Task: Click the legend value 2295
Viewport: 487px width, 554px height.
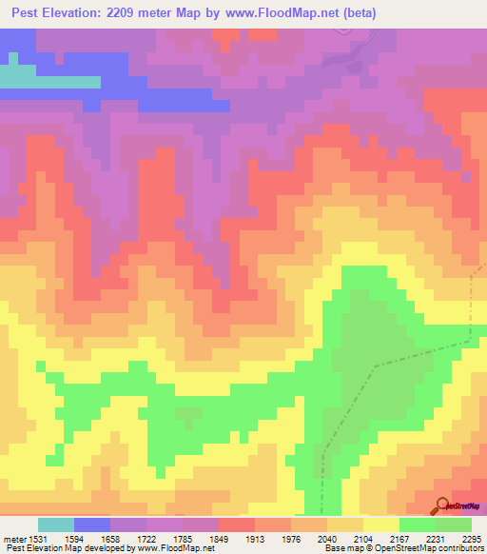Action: coord(472,538)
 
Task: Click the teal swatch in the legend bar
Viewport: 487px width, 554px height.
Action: coord(55,524)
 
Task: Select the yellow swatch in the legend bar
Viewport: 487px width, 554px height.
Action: coord(381,524)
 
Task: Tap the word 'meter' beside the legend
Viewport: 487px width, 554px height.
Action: coord(15,538)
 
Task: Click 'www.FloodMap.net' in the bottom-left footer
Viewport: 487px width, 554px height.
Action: coord(177,548)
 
